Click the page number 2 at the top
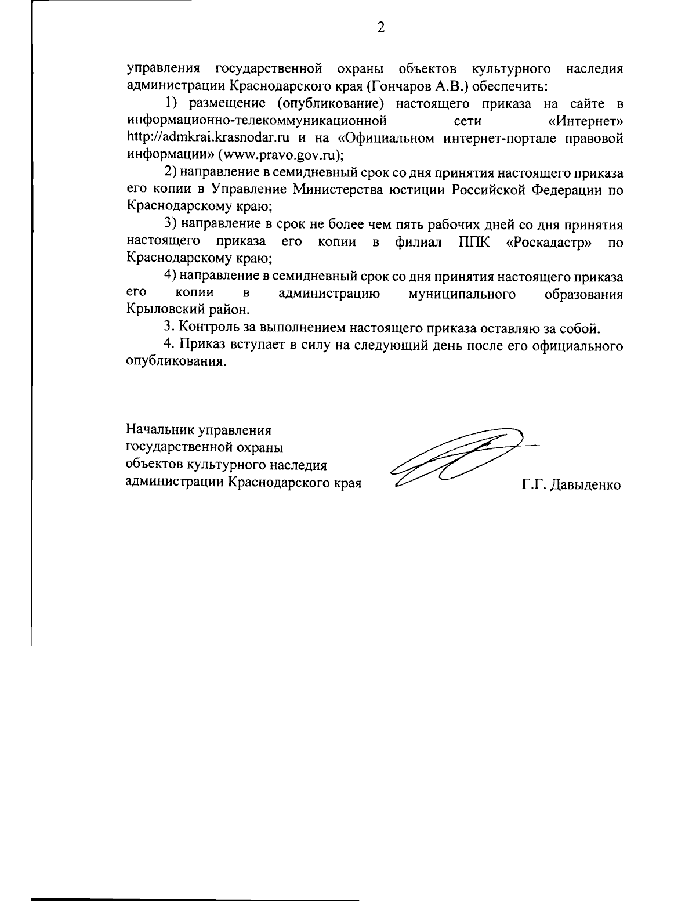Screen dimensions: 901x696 (381, 27)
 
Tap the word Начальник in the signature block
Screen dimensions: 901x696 (159, 430)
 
